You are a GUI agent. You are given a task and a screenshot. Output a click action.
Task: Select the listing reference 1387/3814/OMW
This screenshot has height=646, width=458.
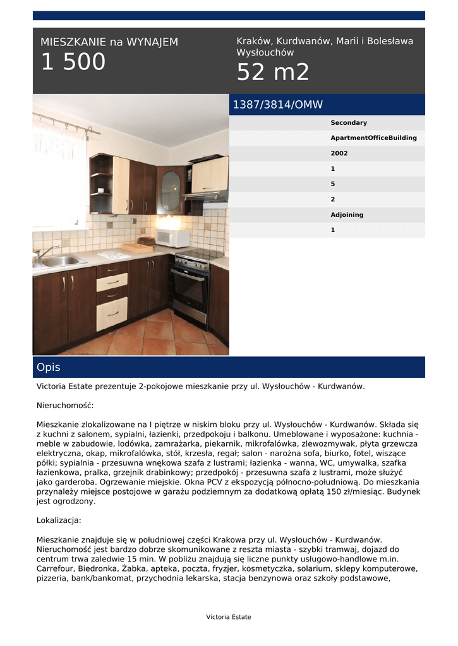(x=277, y=105)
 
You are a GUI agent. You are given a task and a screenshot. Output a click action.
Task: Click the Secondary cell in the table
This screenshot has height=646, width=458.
(x=348, y=123)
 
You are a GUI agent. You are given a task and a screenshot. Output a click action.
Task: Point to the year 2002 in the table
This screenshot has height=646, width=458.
(x=339, y=153)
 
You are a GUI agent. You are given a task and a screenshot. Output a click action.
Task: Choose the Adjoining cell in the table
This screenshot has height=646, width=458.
(x=347, y=215)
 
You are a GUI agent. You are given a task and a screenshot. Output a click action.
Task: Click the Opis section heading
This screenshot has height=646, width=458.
(x=49, y=367)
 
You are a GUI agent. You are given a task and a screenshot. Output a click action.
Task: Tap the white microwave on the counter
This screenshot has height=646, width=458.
(x=172, y=238)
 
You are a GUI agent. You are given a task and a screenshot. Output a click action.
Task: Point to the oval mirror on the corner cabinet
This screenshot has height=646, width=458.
(x=169, y=191)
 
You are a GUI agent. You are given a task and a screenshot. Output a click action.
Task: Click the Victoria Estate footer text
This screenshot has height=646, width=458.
(x=229, y=617)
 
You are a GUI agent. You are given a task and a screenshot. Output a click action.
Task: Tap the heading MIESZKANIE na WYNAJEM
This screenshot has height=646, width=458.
(x=109, y=42)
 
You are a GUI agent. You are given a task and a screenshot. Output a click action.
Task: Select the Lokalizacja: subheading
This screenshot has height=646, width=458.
(x=59, y=520)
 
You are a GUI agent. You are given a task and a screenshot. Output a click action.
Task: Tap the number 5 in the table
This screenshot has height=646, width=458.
(x=333, y=184)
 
